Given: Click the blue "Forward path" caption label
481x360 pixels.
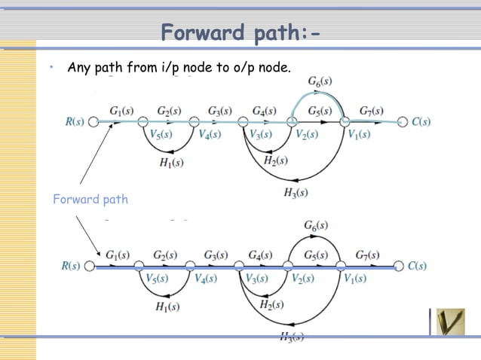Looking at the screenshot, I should [x=90, y=200].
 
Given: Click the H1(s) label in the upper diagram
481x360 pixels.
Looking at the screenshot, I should [x=172, y=161].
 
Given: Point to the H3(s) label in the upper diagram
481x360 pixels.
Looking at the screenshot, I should [x=295, y=193].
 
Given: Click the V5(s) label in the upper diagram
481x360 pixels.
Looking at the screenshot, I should [x=159, y=135].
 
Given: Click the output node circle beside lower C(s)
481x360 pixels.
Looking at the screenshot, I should [x=399, y=266].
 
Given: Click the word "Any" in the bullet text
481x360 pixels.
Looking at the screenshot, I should [x=79, y=68].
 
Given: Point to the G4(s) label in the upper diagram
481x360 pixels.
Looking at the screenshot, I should [x=264, y=111].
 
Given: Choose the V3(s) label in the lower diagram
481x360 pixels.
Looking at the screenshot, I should [x=258, y=279].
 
